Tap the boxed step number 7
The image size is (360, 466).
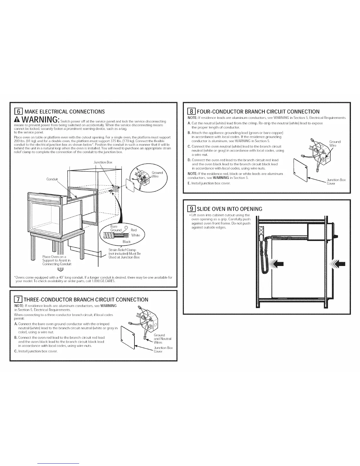coord(18,299)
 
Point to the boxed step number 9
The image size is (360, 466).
coord(191,209)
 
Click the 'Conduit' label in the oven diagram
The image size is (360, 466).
coord(52,179)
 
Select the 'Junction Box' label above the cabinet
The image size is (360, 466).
coord(103,162)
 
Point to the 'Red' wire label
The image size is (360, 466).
coord(134,230)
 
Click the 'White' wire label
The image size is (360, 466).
coord(136,235)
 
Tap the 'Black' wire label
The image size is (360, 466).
coord(126,242)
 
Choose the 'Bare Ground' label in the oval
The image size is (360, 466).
coord(116,228)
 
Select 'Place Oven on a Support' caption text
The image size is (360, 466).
coord(56,260)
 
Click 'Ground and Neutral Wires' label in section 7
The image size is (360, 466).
coord(162,339)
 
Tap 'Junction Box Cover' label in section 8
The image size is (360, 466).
coord(336,182)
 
